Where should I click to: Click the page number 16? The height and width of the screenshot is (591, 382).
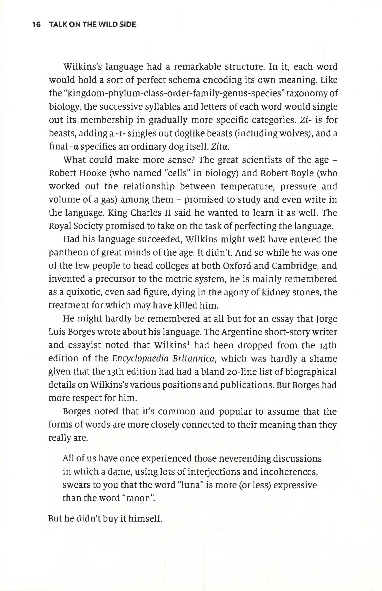[36, 25]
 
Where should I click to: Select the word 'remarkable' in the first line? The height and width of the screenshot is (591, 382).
[197, 67]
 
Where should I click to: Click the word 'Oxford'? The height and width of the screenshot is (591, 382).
[237, 266]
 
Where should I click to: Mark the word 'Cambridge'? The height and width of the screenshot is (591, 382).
[295, 266]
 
